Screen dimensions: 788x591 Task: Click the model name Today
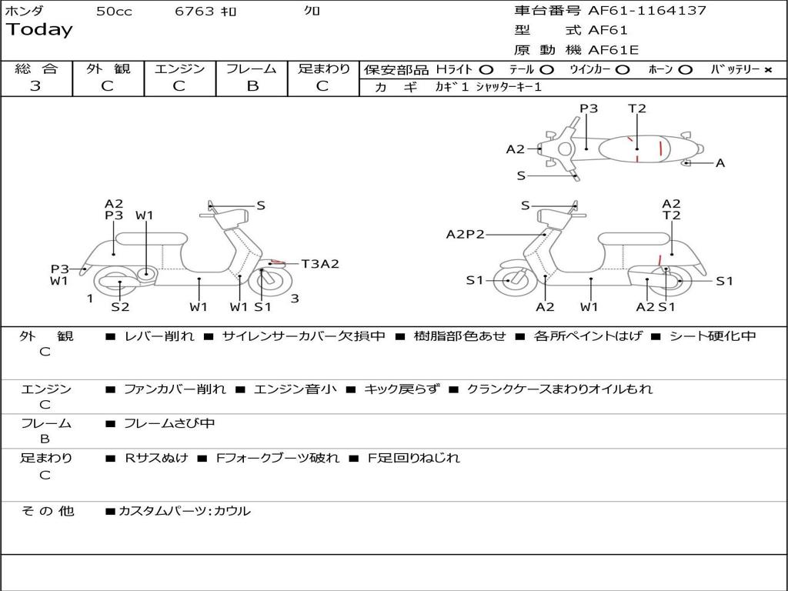click(x=39, y=30)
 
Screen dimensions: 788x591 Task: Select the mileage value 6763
click(x=195, y=12)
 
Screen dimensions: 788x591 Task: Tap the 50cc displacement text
click(x=114, y=12)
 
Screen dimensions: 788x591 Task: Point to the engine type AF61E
click(x=613, y=51)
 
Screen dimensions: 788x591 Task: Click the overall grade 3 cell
click(x=35, y=86)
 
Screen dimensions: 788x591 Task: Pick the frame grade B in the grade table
click(x=252, y=86)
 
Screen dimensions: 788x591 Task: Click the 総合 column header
click(x=36, y=68)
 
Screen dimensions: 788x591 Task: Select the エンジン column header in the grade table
click(x=179, y=68)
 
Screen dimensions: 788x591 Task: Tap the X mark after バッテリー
click(x=768, y=70)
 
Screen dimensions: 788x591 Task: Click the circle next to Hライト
click(x=486, y=70)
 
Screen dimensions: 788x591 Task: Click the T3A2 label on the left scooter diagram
click(x=320, y=264)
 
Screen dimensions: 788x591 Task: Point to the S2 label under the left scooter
click(x=120, y=307)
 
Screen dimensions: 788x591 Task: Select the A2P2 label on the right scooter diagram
click(x=465, y=235)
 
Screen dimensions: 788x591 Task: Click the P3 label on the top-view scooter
click(x=589, y=109)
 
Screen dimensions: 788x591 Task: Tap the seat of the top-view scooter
click(x=636, y=148)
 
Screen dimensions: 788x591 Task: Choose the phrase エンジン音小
click(x=295, y=389)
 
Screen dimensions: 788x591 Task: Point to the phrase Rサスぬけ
click(x=156, y=458)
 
